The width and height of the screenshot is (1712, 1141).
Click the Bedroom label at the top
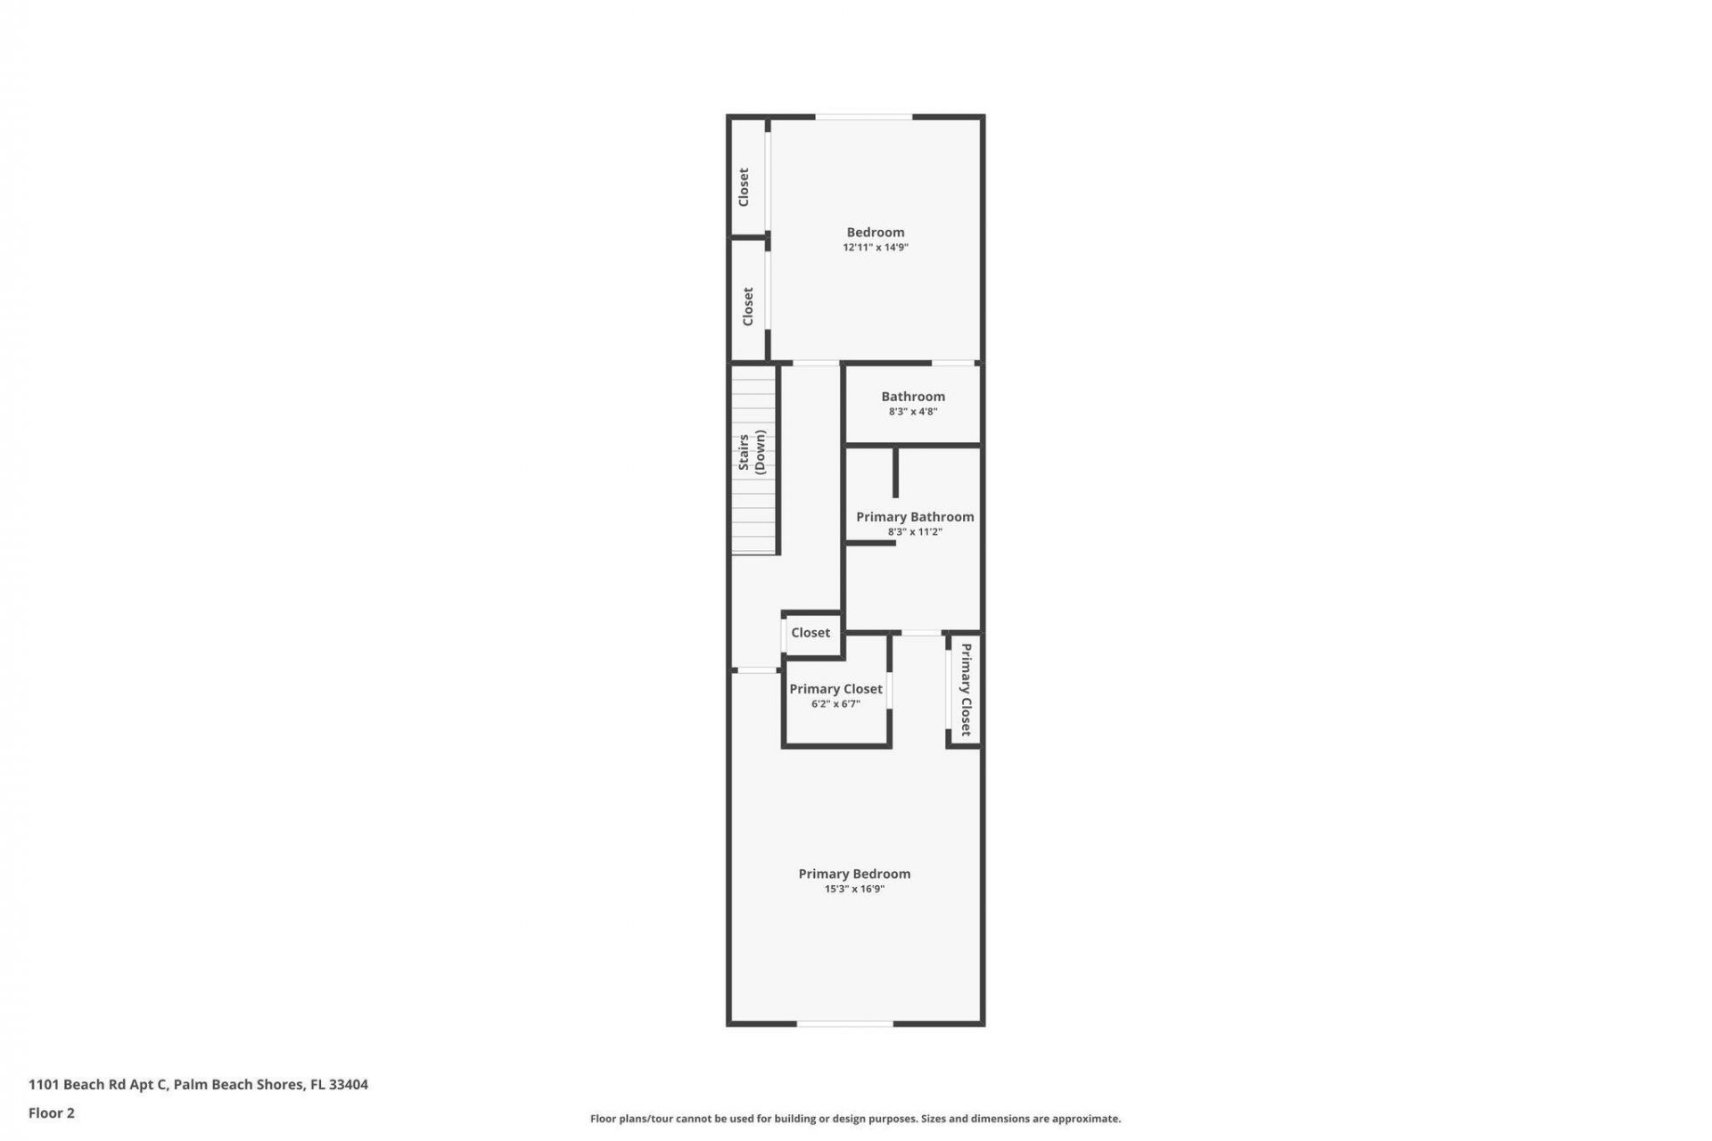click(875, 232)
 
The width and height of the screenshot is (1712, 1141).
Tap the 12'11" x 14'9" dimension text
click(875, 248)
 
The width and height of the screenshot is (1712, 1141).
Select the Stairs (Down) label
click(752, 451)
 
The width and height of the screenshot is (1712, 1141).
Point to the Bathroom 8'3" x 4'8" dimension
click(912, 412)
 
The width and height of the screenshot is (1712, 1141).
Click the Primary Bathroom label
click(914, 517)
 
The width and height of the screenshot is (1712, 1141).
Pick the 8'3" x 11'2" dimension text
click(914, 532)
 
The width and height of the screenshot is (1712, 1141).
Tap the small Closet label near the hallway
click(810, 633)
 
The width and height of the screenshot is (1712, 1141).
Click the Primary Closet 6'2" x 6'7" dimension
click(835, 704)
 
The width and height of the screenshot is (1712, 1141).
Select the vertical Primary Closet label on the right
click(966, 689)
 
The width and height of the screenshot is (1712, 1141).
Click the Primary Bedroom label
click(853, 874)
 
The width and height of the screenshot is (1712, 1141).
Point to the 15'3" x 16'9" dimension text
click(853, 890)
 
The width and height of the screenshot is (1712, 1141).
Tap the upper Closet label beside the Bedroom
click(744, 187)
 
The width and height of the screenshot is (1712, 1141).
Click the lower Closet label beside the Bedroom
click(748, 306)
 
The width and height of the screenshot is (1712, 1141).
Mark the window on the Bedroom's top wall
click(863, 117)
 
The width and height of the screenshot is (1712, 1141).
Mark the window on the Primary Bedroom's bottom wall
click(844, 1024)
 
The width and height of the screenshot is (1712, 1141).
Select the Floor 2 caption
click(52, 1112)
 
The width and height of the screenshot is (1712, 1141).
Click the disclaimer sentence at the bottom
click(855, 1119)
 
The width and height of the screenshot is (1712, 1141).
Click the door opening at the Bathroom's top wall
click(952, 363)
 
